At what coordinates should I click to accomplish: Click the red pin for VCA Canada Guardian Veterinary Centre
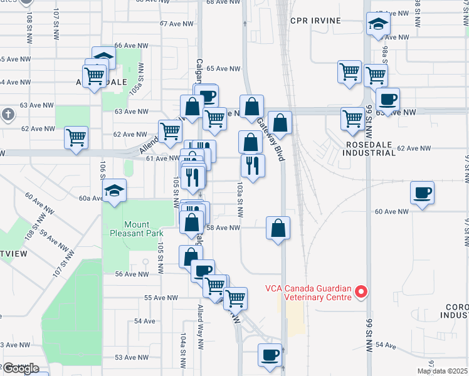[361, 292]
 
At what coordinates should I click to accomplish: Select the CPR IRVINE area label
[315, 21]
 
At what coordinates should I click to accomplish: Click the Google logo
[21, 368]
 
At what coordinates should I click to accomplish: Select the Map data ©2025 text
[442, 371]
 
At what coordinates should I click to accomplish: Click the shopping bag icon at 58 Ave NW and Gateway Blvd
[278, 228]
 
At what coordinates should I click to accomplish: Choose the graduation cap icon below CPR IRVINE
[378, 26]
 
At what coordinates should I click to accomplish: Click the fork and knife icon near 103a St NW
[253, 165]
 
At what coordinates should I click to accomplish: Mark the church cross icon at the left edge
[8, 115]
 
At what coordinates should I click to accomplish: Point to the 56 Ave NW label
[132, 274]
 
